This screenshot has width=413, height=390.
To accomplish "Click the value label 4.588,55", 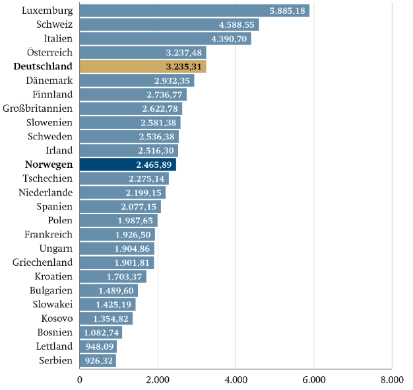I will [x=237, y=24].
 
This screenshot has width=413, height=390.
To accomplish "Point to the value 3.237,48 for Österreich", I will [x=185, y=52].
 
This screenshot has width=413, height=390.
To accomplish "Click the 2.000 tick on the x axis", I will [x=158, y=379].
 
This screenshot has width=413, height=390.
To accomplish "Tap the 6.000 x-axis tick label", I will [x=314, y=379].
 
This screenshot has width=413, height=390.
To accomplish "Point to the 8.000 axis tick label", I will [x=391, y=379].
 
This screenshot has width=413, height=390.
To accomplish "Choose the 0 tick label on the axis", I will [x=80, y=379].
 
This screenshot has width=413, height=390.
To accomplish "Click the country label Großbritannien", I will [x=38, y=108].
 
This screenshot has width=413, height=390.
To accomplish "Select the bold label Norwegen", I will [x=49, y=165].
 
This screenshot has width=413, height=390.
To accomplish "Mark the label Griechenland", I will [x=42, y=262].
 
